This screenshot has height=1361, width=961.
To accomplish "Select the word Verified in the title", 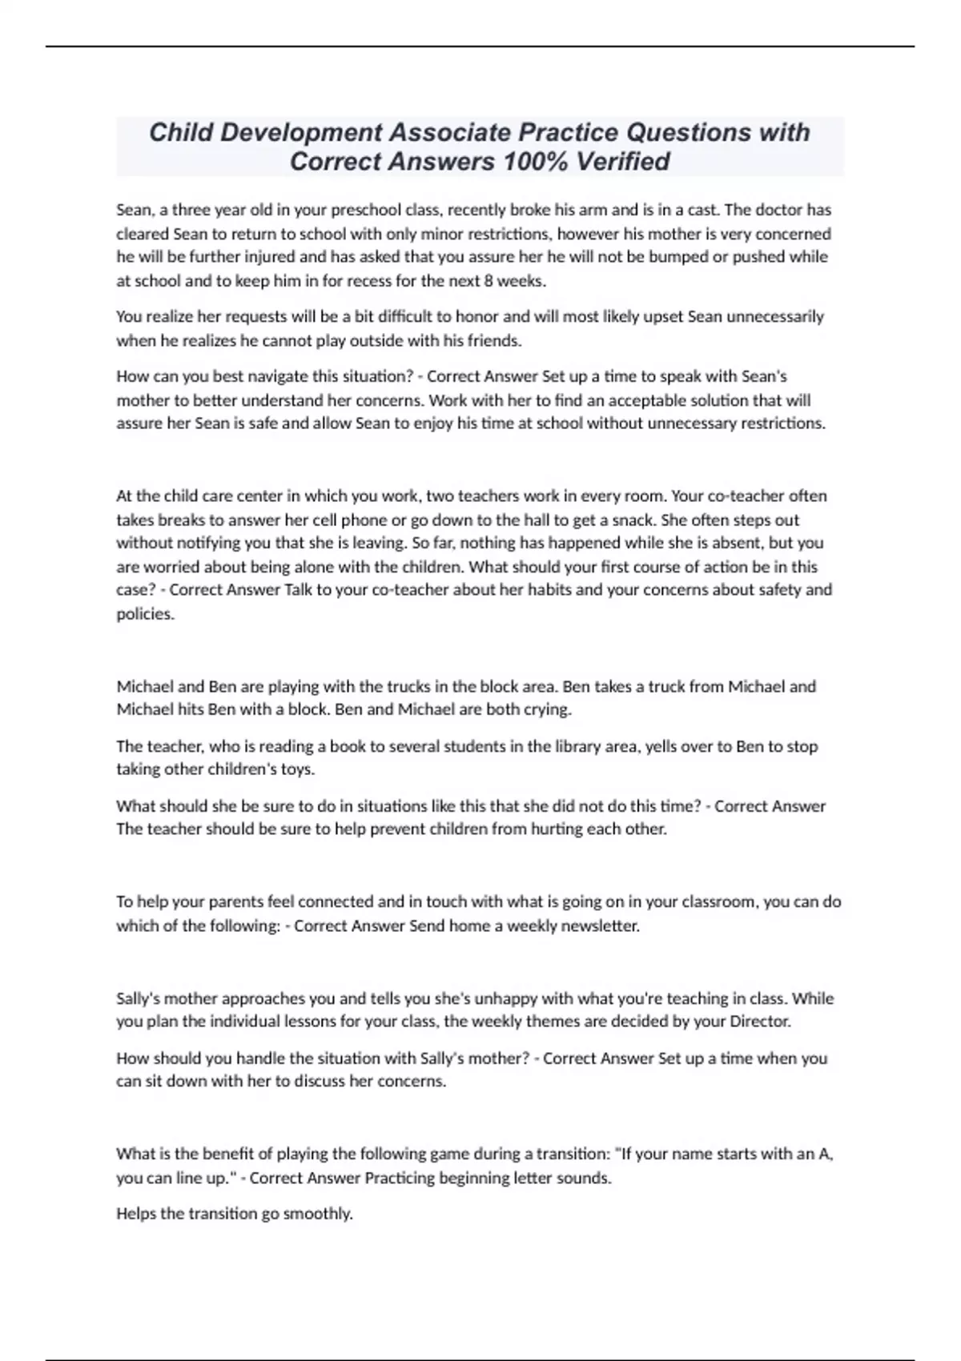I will pos(622,162).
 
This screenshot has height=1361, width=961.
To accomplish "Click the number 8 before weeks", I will pos(488,281).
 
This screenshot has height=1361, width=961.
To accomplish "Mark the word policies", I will pos(145,615).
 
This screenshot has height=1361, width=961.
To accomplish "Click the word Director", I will pos(760,1022).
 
